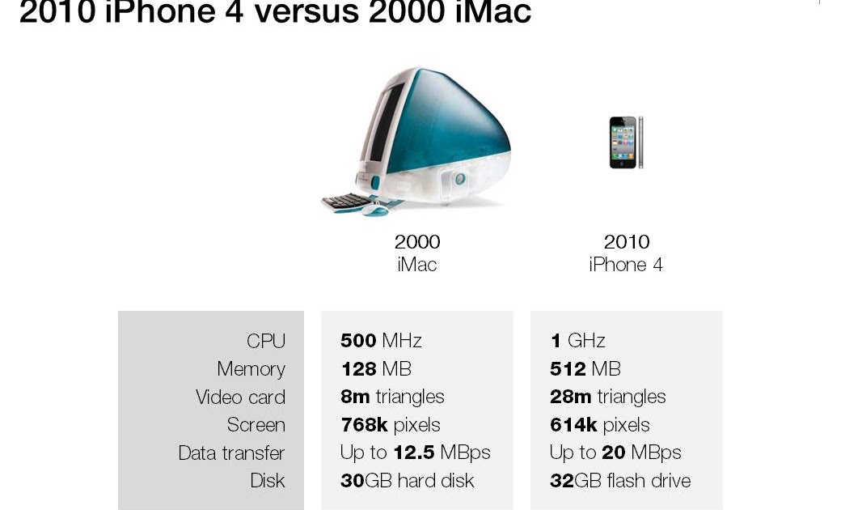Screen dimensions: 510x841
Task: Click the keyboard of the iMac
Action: pyautogui.click(x=347, y=200)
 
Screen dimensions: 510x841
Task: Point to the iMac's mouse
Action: pyautogui.click(x=374, y=210)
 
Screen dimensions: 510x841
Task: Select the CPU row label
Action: pyautogui.click(x=266, y=341)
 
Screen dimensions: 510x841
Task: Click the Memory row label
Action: pyautogui.click(x=251, y=369)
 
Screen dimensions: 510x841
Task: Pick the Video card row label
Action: pyautogui.click(x=240, y=397)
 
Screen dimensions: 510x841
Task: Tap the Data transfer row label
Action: pyautogui.click(x=231, y=453)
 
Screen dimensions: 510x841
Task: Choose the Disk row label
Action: pyautogui.click(x=268, y=480)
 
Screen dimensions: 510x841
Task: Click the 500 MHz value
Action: pyautogui.click(x=381, y=341)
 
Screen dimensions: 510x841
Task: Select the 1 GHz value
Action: pyautogui.click(x=577, y=341)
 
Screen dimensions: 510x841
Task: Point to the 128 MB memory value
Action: pyautogui.click(x=376, y=369)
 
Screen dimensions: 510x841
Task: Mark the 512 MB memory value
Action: pyautogui.click(x=585, y=369)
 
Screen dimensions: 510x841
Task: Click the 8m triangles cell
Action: pyautogui.click(x=392, y=397)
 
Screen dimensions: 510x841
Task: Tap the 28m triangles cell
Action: pyautogui.click(x=607, y=397)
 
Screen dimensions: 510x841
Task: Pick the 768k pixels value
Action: pyautogui.click(x=391, y=425)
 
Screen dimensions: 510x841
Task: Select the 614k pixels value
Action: pyautogui.click(x=599, y=425)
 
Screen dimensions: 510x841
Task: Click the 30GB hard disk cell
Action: pyautogui.click(x=407, y=480)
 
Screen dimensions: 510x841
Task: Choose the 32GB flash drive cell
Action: pyautogui.click(x=620, y=480)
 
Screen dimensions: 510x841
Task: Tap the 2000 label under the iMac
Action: pyautogui.click(x=417, y=242)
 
